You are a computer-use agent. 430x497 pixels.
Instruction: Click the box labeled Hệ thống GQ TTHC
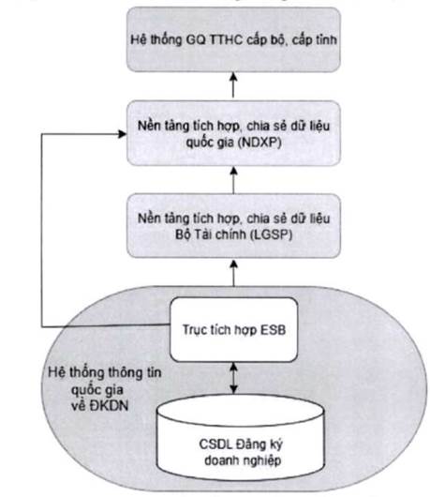(x=233, y=39)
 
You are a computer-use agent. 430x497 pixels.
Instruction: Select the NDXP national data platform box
(x=233, y=133)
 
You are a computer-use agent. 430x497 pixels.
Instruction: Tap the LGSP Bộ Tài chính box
(x=233, y=226)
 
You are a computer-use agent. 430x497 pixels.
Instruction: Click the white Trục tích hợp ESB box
(x=233, y=330)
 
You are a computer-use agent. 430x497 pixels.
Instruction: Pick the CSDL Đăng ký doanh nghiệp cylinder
(x=241, y=438)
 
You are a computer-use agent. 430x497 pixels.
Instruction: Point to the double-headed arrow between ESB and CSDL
(x=233, y=379)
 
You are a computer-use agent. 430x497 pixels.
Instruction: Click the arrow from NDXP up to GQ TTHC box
(x=233, y=85)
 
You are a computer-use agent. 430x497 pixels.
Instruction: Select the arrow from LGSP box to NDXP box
(x=233, y=180)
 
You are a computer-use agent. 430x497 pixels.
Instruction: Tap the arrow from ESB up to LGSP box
(x=233, y=273)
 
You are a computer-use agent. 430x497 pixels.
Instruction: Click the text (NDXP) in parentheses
(x=259, y=143)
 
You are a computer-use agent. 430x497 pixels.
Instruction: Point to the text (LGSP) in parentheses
(x=271, y=234)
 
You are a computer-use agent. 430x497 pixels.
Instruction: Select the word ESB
(x=273, y=330)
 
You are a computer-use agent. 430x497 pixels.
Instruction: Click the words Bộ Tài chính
(x=211, y=234)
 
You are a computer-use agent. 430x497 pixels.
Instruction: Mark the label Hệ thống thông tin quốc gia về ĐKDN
(x=105, y=389)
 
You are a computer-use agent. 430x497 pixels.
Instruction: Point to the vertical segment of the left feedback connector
(x=42, y=230)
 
